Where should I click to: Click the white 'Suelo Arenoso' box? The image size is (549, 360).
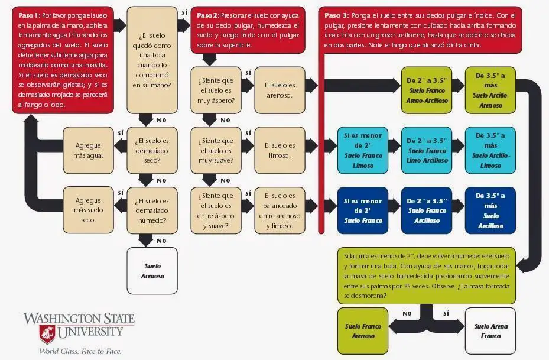[152, 271]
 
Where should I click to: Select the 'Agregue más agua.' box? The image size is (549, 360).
[89, 151]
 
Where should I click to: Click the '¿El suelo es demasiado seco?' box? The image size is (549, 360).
[152, 151]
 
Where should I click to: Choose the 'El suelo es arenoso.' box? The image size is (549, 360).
[280, 90]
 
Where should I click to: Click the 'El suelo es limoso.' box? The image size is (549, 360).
[280, 150]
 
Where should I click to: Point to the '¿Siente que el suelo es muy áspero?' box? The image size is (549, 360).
[216, 90]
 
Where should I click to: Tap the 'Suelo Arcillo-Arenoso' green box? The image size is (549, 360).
[490, 90]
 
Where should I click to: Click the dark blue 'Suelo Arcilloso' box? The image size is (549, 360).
[490, 210]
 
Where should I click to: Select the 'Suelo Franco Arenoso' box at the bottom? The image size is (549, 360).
[363, 330]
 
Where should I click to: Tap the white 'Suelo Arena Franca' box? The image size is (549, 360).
[490, 330]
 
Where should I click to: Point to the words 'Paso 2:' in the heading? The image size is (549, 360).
[207, 15]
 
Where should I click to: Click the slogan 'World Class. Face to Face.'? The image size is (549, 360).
[80, 351]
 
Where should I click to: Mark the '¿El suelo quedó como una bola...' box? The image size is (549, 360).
[152, 59]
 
